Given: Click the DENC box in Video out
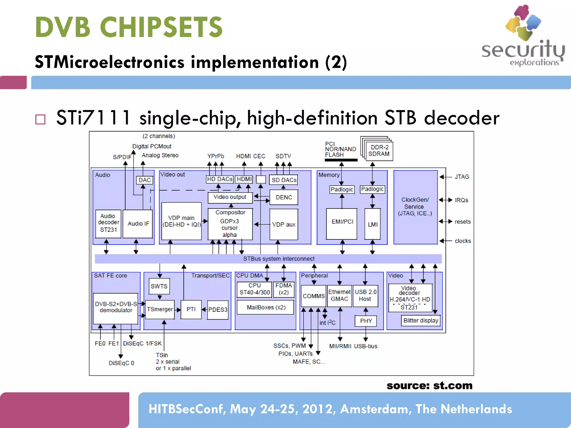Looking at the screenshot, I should [x=284, y=197].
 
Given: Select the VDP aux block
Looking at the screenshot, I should [x=284, y=224].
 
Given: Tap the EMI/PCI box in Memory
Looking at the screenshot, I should [x=342, y=222].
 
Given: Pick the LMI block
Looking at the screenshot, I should [x=372, y=224].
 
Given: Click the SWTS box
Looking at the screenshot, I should [x=159, y=286].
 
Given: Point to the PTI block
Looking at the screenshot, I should [x=191, y=309].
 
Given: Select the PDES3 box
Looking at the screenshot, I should [x=218, y=310].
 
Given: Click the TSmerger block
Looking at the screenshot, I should [x=160, y=309].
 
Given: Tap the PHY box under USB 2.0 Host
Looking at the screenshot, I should [x=366, y=321].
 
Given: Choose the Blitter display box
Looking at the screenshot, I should [x=420, y=320].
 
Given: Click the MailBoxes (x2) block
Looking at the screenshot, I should [x=266, y=307].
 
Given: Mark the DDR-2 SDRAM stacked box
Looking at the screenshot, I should [x=379, y=151].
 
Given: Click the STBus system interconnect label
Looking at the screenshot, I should [x=279, y=259].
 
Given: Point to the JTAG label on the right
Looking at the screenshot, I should [x=462, y=177].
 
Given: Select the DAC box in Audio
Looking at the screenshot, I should [x=144, y=180].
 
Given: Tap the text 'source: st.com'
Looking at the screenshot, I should [x=429, y=386].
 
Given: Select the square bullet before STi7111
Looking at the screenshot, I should [x=40, y=119].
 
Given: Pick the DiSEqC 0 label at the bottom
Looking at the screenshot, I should [x=121, y=363].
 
